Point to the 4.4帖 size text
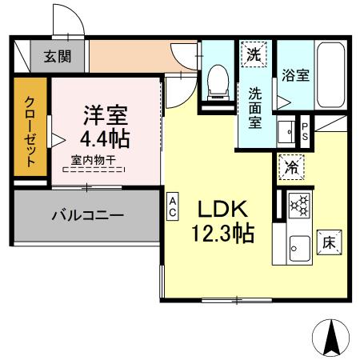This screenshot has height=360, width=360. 104,139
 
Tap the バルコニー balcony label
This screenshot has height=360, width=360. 88,215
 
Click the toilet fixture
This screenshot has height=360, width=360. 214,81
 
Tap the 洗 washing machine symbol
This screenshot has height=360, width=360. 254,56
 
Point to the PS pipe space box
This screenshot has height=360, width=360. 305,129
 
